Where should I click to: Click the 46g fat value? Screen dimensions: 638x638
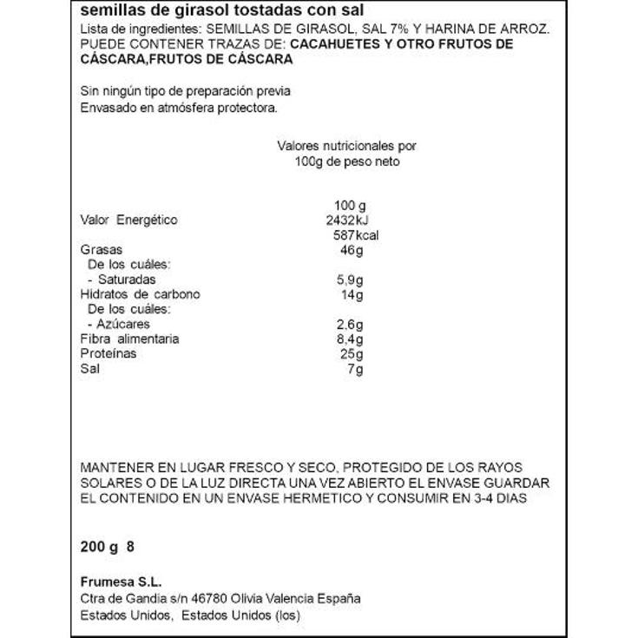coord(352,250)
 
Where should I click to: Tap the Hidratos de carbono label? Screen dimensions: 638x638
coord(139,294)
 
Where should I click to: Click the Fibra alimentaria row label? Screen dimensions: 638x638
coord(129,339)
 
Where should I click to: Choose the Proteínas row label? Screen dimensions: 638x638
coord(109,354)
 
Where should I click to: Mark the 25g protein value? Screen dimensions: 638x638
coord(352,354)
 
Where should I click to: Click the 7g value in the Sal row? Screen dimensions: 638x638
coord(354,369)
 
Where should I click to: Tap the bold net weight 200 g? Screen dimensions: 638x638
coord(97,548)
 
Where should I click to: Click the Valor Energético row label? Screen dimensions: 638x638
coord(128,220)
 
